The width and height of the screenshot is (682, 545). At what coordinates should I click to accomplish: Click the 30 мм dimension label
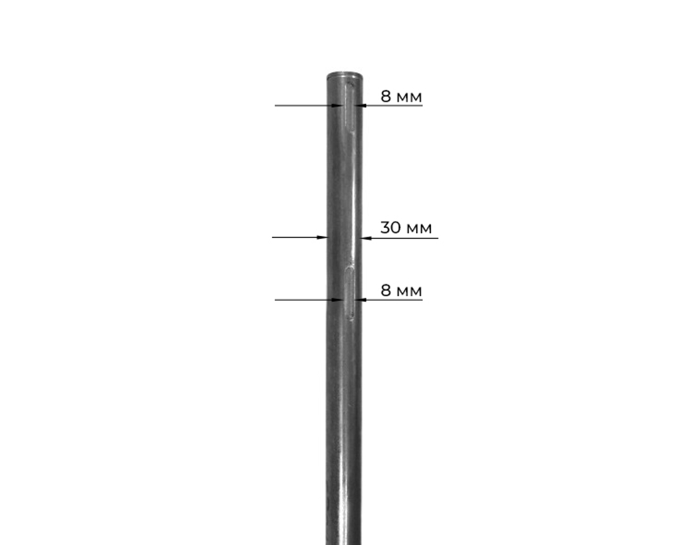[x=406, y=228]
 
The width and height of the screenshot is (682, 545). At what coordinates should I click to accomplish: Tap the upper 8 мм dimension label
[x=401, y=97]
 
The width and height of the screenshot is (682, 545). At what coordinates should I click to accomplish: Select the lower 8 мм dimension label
[x=401, y=291]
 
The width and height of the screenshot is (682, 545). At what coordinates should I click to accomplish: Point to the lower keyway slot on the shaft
[x=350, y=293]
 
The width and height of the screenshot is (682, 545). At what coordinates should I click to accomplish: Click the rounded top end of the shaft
[x=344, y=77]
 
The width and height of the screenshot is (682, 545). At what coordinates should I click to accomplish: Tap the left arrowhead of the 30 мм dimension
[x=322, y=237]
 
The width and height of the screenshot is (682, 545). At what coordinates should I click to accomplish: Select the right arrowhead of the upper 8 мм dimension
[x=361, y=105]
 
